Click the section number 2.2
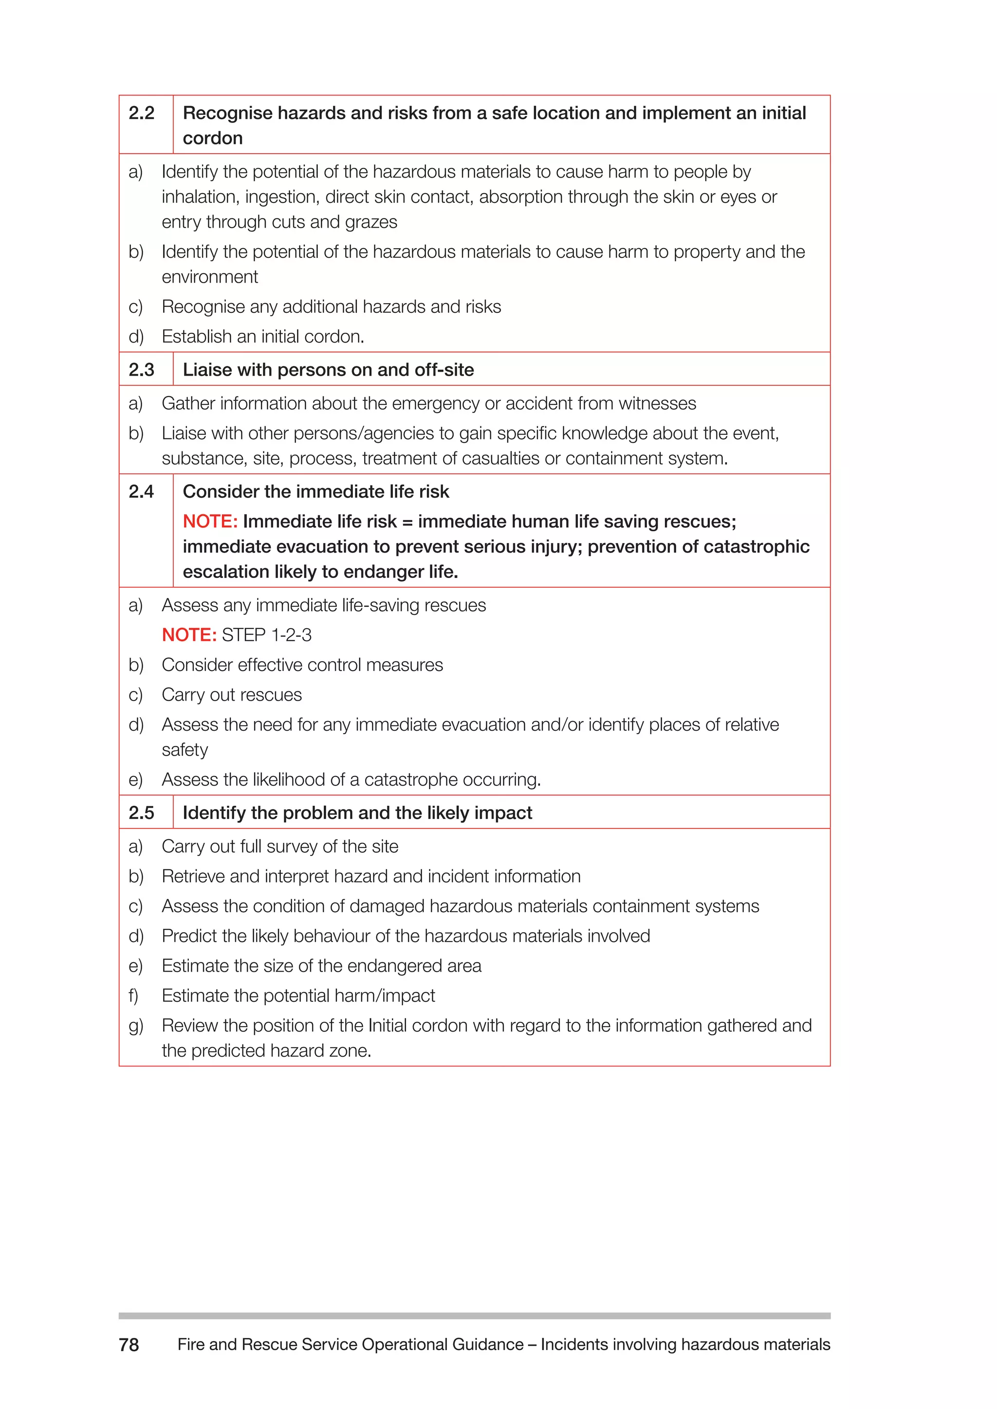(x=141, y=113)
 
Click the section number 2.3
(x=141, y=370)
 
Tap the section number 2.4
(x=141, y=491)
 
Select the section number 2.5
(x=141, y=813)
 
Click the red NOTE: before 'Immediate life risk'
(x=210, y=522)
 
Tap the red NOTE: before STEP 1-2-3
(x=189, y=635)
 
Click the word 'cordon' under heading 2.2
(x=212, y=139)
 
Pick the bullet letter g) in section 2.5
(x=136, y=1026)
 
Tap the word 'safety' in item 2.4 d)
(x=185, y=750)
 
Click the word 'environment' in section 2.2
(x=209, y=277)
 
